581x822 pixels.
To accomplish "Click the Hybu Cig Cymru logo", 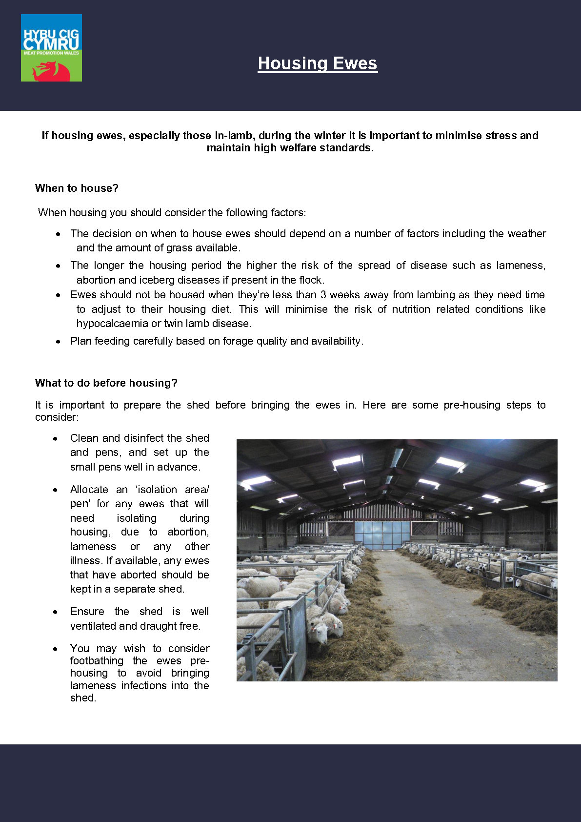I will pyautogui.click(x=51, y=47).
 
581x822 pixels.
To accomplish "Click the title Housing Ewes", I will pyautogui.click(x=318, y=63).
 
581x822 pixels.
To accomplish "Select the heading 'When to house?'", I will pyautogui.click(x=77, y=188).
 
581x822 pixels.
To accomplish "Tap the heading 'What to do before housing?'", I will pyautogui.click(x=106, y=383).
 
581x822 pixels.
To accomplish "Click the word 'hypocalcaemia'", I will pyautogui.click(x=112, y=324).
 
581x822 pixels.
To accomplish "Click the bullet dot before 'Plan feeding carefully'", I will pyautogui.click(x=59, y=342).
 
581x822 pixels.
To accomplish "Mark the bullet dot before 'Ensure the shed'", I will pyautogui.click(x=56, y=612).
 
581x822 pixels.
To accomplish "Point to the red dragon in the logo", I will pyautogui.click(x=51, y=70).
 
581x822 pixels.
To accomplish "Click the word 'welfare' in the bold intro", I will pyautogui.click(x=293, y=148).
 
